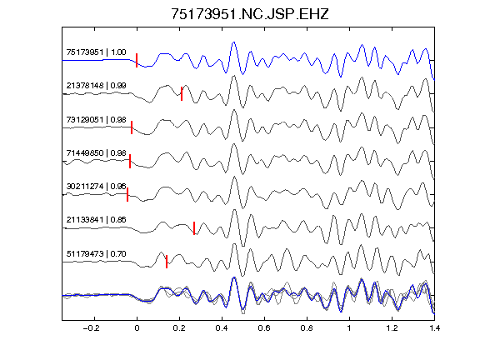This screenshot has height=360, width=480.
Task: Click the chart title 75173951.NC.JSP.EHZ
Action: click(x=249, y=14)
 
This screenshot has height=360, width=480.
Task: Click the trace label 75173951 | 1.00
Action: click(x=96, y=52)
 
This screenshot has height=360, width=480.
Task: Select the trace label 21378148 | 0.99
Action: click(x=96, y=85)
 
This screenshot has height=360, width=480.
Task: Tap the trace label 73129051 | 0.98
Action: click(x=96, y=119)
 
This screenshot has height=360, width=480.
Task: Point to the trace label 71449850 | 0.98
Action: click(x=96, y=152)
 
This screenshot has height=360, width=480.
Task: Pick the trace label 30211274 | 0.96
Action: click(x=96, y=186)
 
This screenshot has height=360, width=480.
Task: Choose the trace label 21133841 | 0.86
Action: click(x=96, y=220)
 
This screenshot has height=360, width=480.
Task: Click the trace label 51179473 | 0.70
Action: click(x=96, y=254)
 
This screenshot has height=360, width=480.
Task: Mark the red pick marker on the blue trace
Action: click(x=137, y=60)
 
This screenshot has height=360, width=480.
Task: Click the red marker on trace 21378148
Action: click(x=182, y=93)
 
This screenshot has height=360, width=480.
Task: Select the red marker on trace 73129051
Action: click(x=132, y=127)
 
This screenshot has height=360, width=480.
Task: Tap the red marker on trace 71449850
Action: click(x=130, y=161)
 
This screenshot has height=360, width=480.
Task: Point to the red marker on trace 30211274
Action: click(x=127, y=194)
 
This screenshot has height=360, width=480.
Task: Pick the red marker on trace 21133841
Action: click(x=194, y=228)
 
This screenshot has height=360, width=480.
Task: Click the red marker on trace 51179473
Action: click(x=167, y=262)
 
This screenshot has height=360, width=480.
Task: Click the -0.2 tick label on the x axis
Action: click(x=91, y=328)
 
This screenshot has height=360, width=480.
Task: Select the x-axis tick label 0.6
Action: click(x=264, y=328)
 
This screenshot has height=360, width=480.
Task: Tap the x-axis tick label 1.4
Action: click(x=434, y=328)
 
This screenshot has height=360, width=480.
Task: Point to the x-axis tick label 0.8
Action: click(x=307, y=328)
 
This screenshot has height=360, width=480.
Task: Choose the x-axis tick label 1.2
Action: click(x=392, y=328)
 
